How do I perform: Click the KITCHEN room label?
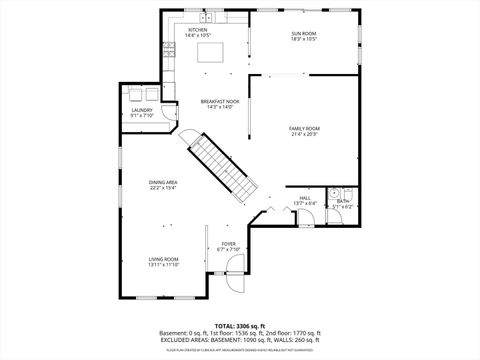coord(197,30)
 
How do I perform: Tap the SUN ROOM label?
coord(304,33)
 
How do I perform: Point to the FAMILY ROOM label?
coord(304,128)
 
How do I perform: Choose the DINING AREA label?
coord(164,182)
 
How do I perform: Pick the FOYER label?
coord(229,243)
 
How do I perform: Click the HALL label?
coord(306,198)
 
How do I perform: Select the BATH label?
coord(343,201)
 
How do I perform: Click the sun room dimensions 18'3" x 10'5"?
coord(304,40)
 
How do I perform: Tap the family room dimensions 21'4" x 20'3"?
coord(304,134)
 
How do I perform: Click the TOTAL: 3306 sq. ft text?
coord(239,326)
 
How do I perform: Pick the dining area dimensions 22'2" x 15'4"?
coord(164,188)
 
